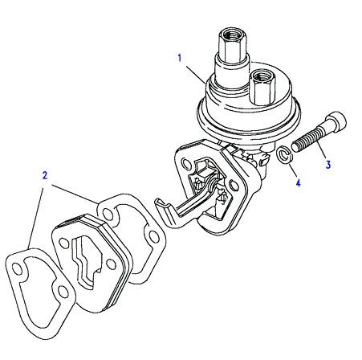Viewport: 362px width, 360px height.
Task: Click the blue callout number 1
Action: (180, 58)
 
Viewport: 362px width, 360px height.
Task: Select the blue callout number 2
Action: (45, 175)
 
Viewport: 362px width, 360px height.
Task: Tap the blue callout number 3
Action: (328, 165)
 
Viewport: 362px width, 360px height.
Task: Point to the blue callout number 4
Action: (298, 182)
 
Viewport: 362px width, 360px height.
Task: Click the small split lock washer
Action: (284, 154)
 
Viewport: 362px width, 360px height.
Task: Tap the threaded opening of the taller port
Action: (232, 34)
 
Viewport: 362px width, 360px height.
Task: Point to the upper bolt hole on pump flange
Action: (185, 163)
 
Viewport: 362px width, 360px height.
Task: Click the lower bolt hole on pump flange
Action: (234, 185)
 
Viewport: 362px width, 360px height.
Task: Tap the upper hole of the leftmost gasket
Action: (18, 269)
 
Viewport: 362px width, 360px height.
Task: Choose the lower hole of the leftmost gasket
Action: (63, 292)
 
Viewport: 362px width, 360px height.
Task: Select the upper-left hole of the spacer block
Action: (63, 243)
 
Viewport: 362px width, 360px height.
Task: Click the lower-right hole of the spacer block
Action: (110, 264)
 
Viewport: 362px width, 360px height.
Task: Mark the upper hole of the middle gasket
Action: (108, 215)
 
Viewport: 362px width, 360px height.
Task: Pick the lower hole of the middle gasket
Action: (153, 236)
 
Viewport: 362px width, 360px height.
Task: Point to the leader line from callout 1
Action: (195, 75)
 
